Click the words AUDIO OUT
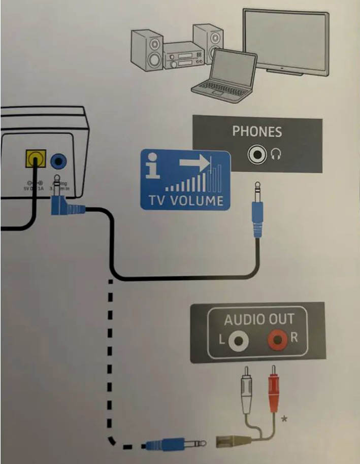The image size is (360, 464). (259, 319)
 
